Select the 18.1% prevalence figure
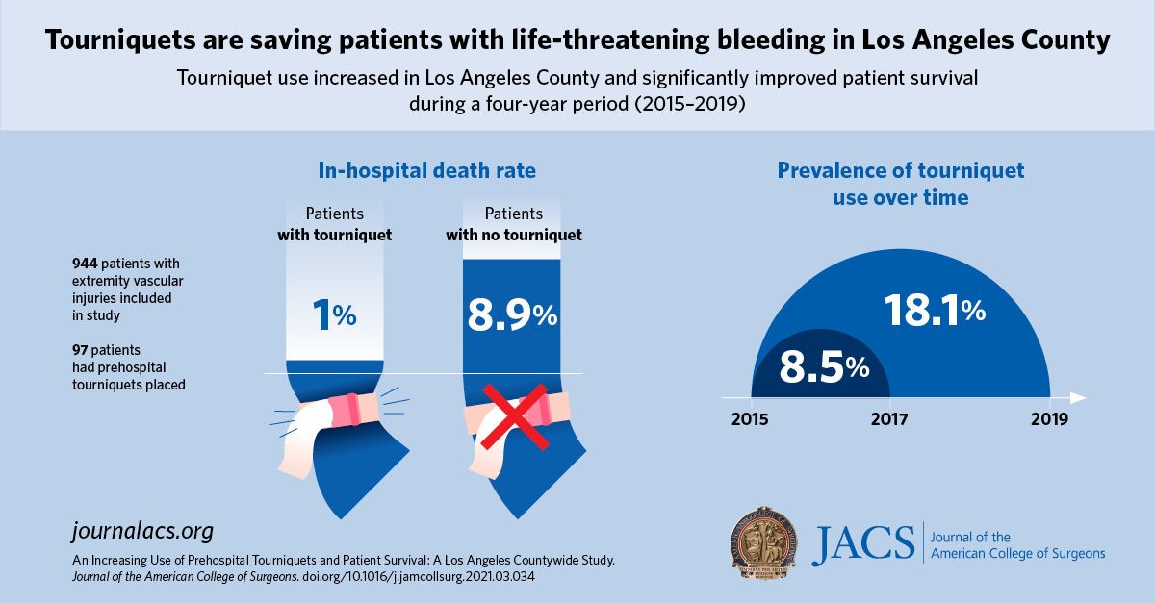point(934,310)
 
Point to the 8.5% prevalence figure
point(824,366)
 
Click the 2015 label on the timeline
point(751,419)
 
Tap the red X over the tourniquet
point(515,415)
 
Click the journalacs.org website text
point(142,531)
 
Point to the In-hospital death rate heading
point(426,171)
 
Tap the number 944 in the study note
point(86,264)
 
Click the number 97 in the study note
point(80,349)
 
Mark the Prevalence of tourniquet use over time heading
point(900,184)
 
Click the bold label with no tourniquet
point(513,235)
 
